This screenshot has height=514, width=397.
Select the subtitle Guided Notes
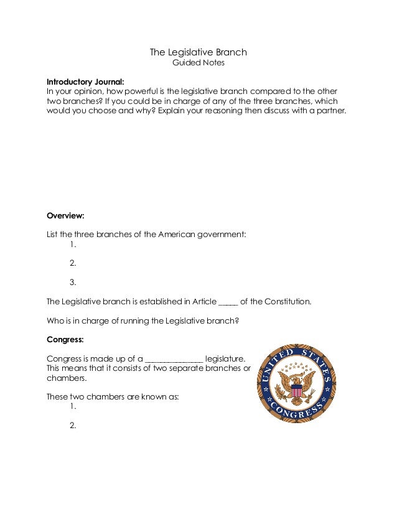pyautogui.click(x=198, y=63)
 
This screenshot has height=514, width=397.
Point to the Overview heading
pyautogui.click(x=65, y=216)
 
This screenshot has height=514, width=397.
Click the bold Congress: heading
pyautogui.click(x=66, y=340)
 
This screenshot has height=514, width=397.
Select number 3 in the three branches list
pyautogui.click(x=73, y=282)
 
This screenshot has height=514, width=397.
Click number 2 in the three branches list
pyautogui.click(x=73, y=263)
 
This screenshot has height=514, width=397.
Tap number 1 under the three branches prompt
pyautogui.click(x=73, y=245)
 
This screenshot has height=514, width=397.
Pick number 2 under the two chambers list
pyautogui.click(x=73, y=426)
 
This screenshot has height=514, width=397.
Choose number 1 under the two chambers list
pyautogui.click(x=73, y=406)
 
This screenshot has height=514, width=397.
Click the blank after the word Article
pyautogui.click(x=228, y=302)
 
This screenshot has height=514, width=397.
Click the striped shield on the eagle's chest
pyautogui.click(x=297, y=390)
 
